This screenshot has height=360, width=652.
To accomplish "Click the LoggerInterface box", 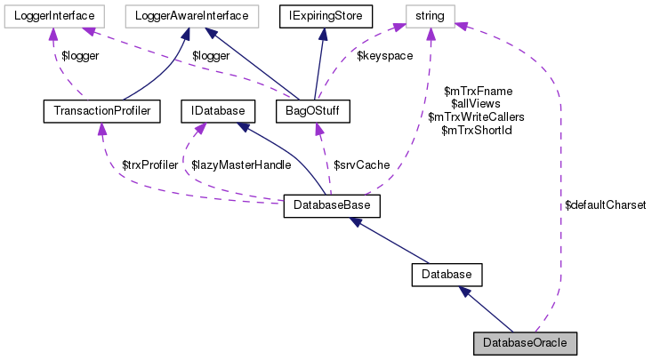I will pyautogui.click(x=55, y=15).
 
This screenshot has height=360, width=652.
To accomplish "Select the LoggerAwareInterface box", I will pyautogui.click(x=191, y=15).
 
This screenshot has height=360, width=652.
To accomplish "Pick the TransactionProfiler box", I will pyautogui.click(x=101, y=111).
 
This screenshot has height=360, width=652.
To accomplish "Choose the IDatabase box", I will pyautogui.click(x=218, y=111).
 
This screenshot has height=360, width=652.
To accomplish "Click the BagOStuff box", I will pyautogui.click(x=312, y=111).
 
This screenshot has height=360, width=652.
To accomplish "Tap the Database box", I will pyautogui.click(x=447, y=275).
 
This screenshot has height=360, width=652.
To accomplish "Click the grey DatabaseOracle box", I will pyautogui.click(x=526, y=342).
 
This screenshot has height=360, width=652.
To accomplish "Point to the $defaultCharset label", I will pyautogui.click(x=605, y=204).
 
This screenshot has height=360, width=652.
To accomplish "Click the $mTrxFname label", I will pyautogui.click(x=477, y=90).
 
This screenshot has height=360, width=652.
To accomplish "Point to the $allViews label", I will pyautogui.click(x=477, y=103).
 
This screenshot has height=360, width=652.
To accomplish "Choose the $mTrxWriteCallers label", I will pyautogui.click(x=477, y=116).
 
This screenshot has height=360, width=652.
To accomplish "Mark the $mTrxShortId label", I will pyautogui.click(x=477, y=130).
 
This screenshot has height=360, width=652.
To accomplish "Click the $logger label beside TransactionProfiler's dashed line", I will pyautogui.click(x=79, y=55).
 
